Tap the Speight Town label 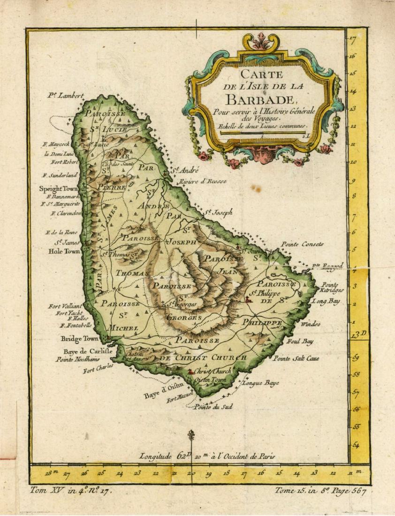[x=58, y=189]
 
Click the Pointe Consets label [x=302, y=244]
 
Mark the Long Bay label [x=323, y=301]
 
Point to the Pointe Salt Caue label [x=296, y=359]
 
